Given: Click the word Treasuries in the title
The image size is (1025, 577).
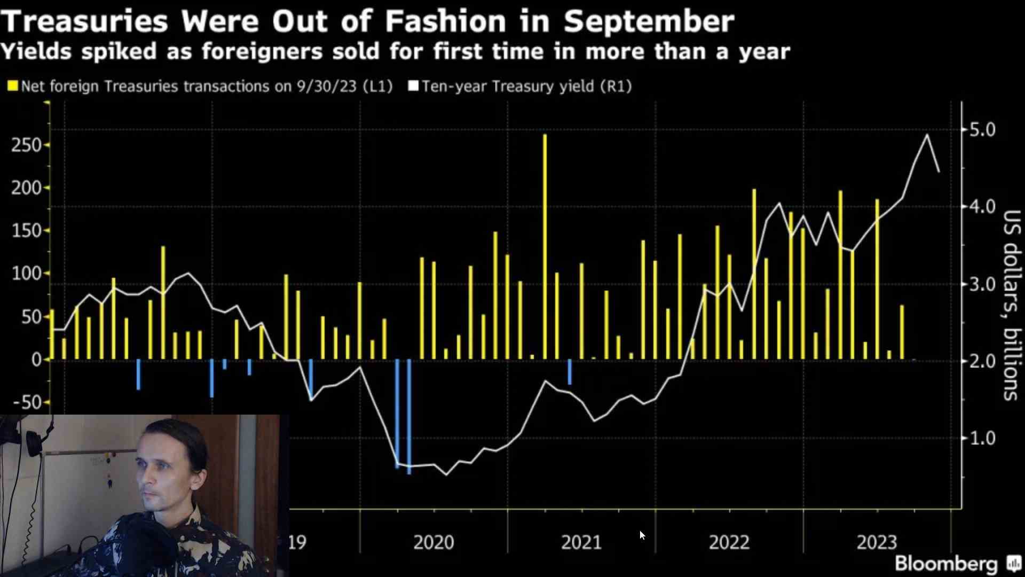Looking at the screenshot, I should pyautogui.click(x=85, y=22).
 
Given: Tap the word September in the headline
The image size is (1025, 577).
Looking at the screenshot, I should pyautogui.click(x=649, y=22).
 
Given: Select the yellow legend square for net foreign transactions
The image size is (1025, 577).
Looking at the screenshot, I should pyautogui.click(x=13, y=86).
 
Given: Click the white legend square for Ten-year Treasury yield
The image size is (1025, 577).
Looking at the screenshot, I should pyautogui.click(x=413, y=86).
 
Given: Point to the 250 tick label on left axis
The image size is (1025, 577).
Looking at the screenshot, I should pyautogui.click(x=26, y=145).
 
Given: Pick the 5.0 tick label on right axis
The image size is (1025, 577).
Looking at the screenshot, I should pyautogui.click(x=982, y=130).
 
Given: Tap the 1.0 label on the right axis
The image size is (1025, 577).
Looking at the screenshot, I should pyautogui.click(x=982, y=439).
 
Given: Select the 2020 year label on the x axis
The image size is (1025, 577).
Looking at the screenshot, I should pyautogui.click(x=433, y=543).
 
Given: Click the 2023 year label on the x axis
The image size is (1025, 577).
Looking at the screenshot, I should pyautogui.click(x=877, y=543).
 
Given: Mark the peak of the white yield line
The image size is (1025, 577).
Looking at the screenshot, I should pyautogui.click(x=927, y=135).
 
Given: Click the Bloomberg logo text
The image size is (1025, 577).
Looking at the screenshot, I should pyautogui.click(x=946, y=564).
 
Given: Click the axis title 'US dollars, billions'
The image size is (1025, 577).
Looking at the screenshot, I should pyautogui.click(x=1011, y=305).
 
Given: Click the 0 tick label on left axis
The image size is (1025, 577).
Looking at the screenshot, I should pyautogui.click(x=36, y=360).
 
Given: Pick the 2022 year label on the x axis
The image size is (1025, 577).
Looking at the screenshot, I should pyautogui.click(x=729, y=543).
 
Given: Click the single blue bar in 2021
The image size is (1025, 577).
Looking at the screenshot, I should pyautogui.click(x=570, y=372).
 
